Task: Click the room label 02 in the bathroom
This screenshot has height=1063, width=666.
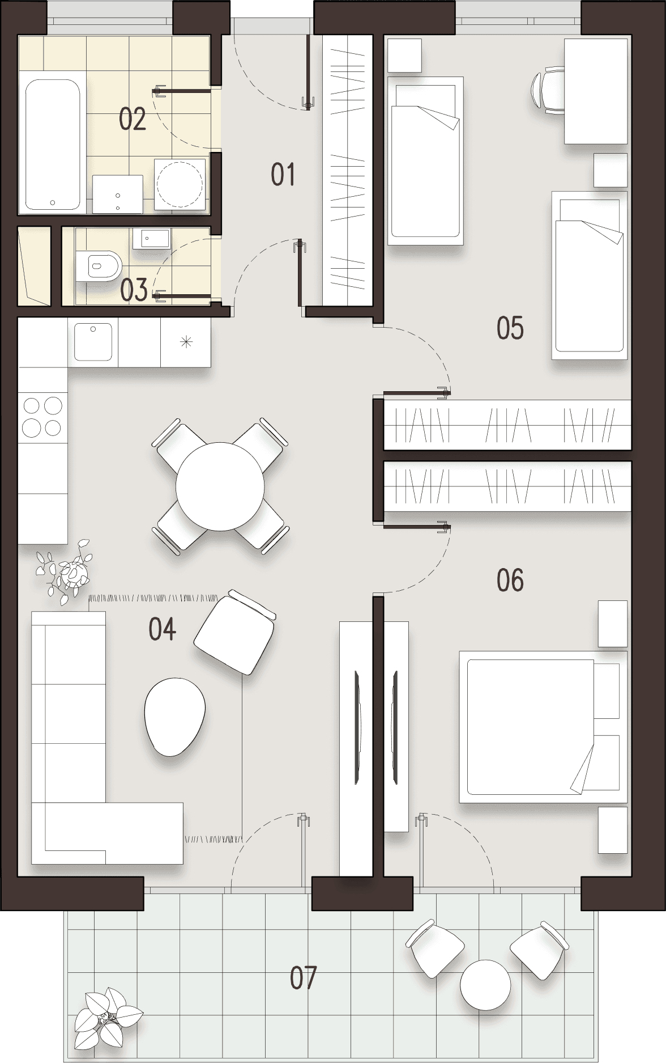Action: [133, 119]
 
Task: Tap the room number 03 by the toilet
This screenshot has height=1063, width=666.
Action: [134, 290]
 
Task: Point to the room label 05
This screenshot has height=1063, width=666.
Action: [510, 328]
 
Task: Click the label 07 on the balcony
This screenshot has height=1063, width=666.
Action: [303, 978]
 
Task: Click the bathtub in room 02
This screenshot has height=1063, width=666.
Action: [52, 145]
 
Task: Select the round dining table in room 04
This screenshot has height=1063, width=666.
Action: [220, 486]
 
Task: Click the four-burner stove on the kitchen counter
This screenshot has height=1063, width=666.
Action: [42, 417]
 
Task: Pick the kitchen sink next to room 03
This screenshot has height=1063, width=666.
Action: [93, 341]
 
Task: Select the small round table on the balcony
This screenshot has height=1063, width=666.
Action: [485, 985]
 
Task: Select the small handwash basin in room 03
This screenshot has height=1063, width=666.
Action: [151, 239]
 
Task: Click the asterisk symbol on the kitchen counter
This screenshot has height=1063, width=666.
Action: [186, 342]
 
